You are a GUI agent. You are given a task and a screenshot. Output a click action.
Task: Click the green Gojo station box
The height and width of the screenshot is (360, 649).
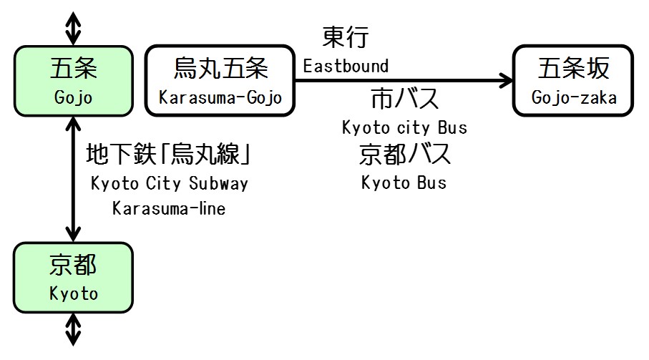73,81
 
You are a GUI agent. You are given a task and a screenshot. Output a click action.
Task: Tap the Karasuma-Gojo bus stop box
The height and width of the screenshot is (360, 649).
220,81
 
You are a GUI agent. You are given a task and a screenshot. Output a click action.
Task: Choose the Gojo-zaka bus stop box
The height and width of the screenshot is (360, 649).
573,81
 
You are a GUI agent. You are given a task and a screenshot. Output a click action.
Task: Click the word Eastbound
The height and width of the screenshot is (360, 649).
346,67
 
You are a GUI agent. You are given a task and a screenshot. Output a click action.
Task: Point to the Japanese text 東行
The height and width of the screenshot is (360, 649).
346,38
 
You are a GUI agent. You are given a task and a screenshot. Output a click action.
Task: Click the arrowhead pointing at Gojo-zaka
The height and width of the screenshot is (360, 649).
505,81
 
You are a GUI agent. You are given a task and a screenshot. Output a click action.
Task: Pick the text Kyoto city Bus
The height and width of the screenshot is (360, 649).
404,128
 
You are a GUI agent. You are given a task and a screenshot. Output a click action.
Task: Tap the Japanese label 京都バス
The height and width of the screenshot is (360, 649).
404,154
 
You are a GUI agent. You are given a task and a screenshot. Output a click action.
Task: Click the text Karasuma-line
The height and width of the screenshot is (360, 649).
169,209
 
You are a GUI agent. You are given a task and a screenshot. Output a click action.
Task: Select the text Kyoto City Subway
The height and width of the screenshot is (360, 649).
170,183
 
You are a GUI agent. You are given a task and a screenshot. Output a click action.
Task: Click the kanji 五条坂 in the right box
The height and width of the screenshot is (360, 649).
574,69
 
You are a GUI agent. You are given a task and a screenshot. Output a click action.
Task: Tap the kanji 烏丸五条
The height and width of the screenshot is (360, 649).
220,69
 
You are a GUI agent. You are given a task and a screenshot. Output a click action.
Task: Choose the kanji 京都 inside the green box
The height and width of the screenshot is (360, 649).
73,266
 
